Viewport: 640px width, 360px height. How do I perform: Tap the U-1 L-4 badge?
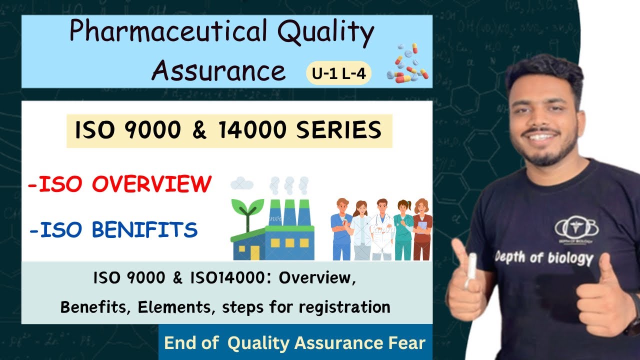point(338,74)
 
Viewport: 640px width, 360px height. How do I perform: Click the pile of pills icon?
point(407,63)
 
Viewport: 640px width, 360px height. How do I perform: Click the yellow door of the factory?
point(255,252)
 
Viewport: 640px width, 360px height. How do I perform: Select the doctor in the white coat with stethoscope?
point(382,227)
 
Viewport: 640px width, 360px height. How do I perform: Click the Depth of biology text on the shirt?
point(543,257)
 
